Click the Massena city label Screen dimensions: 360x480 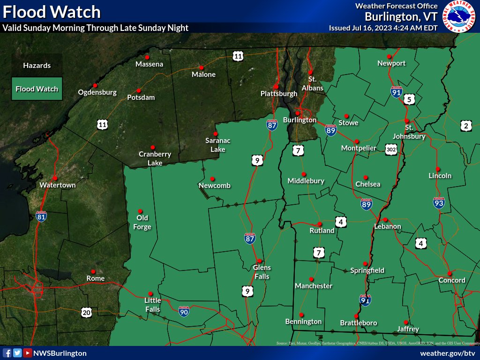coord(150,64)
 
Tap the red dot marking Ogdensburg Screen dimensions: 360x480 coord(95,85)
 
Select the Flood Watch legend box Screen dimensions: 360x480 coord(37,89)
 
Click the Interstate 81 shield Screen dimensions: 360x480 coord(41,216)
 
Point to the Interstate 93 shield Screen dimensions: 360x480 coord(438,202)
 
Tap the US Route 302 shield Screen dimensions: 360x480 coord(391,149)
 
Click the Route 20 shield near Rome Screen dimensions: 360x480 coord(86,312)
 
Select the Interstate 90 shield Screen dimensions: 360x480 coord(185,310)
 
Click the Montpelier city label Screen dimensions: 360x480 coord(359,148)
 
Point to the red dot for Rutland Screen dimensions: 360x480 coord(319,224)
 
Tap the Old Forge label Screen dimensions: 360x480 coord(142,222)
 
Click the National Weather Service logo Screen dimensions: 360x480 coord(460,16)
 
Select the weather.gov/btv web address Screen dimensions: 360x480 coord(448,353)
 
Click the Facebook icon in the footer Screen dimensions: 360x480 coord(7,353)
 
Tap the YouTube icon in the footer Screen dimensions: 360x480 coord(28,353)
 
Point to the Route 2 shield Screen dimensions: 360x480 coord(465,126)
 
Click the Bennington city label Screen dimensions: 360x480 coord(303,322)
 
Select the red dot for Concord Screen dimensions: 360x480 coord(449,273)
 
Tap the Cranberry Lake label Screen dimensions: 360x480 coord(155,158)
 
